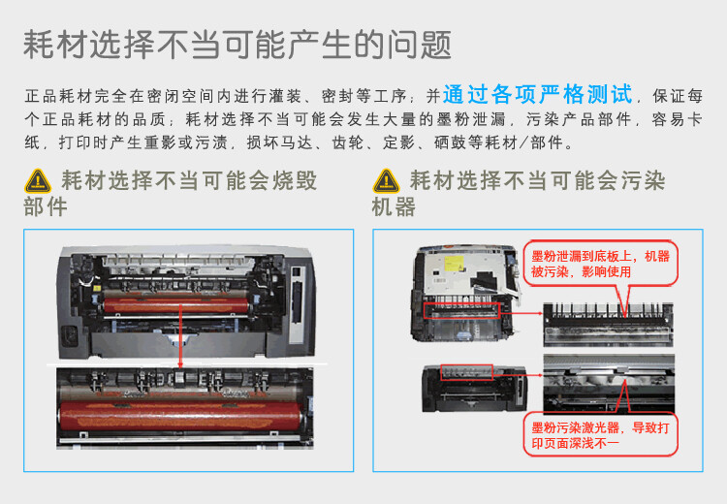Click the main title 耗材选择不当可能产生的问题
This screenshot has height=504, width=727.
pos(237,45)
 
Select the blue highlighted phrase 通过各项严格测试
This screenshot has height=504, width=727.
pos(538,95)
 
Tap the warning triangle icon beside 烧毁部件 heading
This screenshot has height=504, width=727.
pos(37,180)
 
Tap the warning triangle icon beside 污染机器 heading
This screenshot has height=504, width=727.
pos(387,180)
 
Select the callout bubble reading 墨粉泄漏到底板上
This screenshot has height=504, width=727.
pos(599,263)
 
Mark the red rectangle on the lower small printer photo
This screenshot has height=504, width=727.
pos(466,372)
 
